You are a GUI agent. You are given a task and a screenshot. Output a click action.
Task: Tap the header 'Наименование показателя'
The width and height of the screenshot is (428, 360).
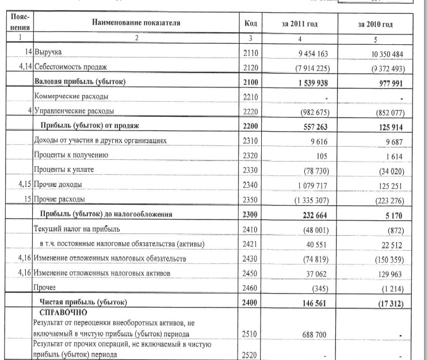(135, 24)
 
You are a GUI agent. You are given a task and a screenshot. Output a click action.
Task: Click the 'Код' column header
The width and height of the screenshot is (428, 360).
(251, 24)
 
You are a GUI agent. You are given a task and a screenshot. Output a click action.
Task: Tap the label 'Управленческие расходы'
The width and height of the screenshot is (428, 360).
(75, 111)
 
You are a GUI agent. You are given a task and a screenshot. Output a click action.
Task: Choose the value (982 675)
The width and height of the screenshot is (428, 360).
(311, 112)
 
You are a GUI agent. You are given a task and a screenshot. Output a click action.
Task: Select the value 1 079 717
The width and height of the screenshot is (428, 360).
(311, 185)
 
